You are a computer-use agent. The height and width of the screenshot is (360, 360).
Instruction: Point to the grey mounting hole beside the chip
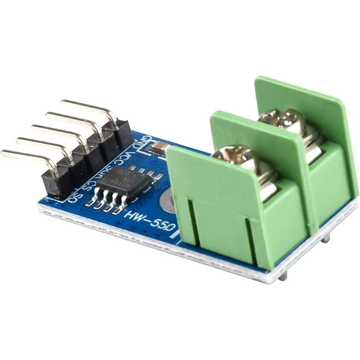[167, 200]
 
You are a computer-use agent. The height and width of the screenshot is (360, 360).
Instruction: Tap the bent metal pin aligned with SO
[28, 156]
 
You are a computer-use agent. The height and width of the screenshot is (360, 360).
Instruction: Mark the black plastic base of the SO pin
[53, 183]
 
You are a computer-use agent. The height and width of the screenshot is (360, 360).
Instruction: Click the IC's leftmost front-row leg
[91, 202]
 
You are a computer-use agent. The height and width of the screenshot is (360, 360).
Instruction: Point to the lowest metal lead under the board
[283, 275]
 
